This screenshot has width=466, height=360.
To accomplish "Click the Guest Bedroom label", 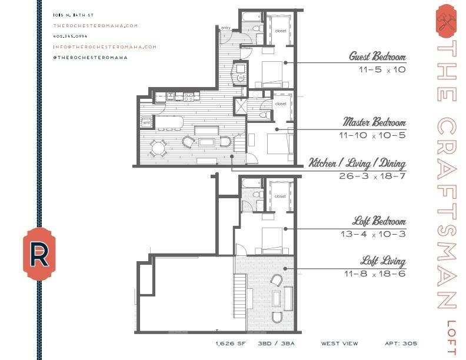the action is coord(377,56).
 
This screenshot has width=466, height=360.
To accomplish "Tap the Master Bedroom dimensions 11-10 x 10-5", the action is coord(372,135).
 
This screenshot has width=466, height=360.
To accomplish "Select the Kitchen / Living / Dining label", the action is coord(357,163).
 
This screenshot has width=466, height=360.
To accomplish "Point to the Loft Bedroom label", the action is coord(380,221).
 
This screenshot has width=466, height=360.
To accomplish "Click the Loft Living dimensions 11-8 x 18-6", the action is coord(375,274).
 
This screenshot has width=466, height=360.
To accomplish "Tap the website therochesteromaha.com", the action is coord(96,26).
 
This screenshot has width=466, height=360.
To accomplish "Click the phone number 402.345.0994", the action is coord(71,36).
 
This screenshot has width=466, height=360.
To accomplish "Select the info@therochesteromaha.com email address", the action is coord(105,47).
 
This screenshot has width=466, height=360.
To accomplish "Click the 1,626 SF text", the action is coord(231,344).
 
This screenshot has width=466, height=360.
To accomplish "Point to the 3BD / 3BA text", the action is coord(276,344).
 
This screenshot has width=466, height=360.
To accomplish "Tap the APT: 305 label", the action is coord(401,344).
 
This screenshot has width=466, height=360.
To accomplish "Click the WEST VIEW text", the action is coord(339,344).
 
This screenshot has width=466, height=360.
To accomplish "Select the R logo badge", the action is coord(39,254).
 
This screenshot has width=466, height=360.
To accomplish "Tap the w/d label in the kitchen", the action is coord(147,122).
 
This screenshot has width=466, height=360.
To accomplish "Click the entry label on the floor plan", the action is coord(225,28).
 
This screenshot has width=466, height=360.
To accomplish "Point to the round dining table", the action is coord(158,148).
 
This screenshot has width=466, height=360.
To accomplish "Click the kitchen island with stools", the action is coord(168,123).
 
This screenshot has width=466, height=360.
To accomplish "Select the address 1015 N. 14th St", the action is coord(74,15).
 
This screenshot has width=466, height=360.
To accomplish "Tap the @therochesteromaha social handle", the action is coord(91,58).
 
